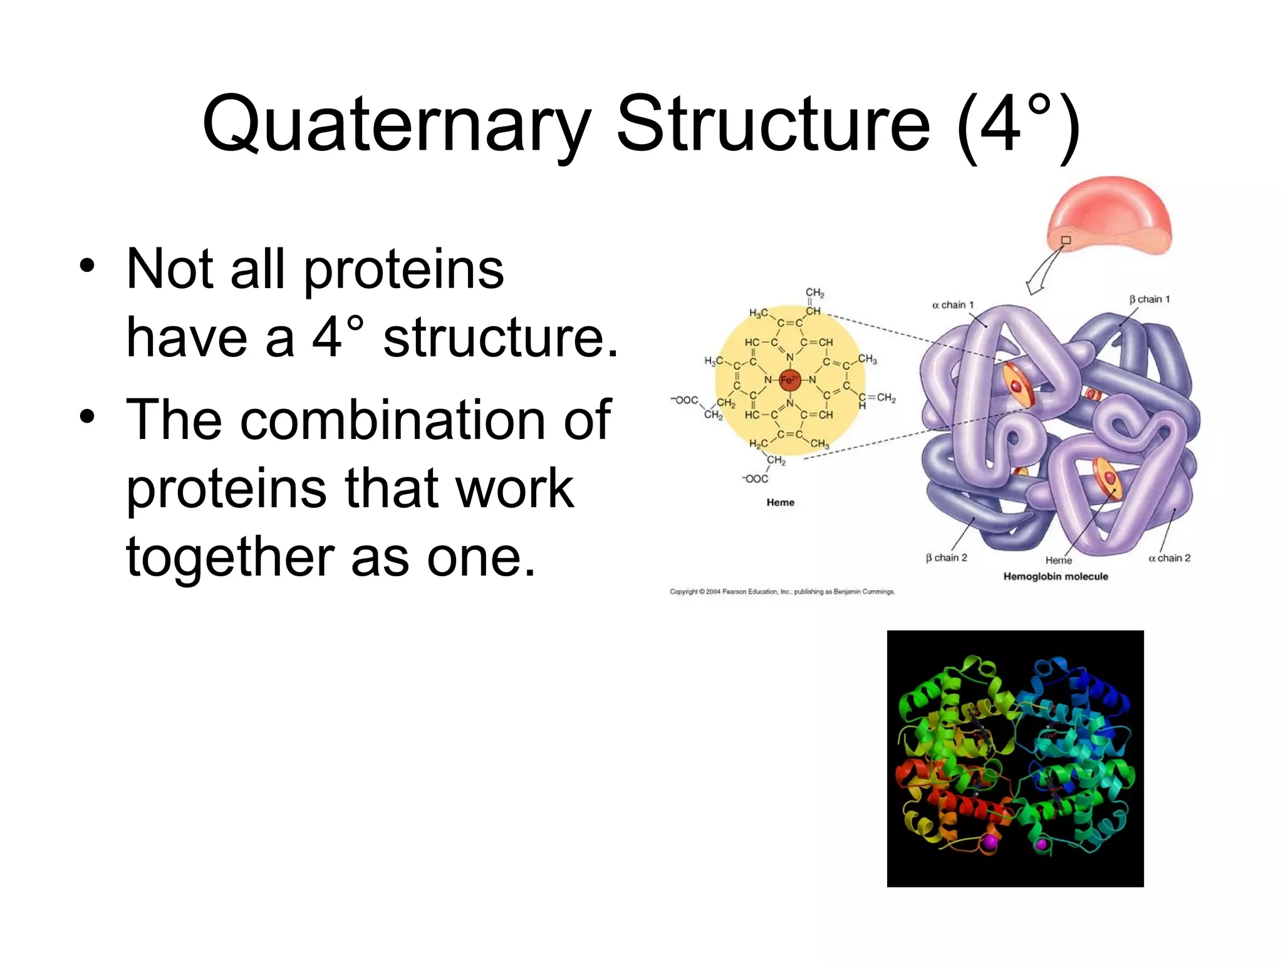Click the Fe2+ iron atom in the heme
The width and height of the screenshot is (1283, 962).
790,379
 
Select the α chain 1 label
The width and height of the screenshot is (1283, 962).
952,305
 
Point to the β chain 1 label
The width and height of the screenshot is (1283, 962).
1149,299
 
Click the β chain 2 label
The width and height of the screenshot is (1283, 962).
946,557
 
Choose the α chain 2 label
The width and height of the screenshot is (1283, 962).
1169,557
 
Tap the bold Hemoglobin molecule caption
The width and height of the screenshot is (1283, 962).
1056,576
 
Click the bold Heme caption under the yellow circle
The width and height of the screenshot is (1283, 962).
780,502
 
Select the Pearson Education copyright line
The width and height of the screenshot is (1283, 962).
782,591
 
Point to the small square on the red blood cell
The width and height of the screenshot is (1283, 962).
1066,240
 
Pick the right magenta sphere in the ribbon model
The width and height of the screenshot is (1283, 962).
1041,844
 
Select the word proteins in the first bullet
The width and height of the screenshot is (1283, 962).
403,269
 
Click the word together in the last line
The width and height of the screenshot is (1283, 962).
229,557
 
